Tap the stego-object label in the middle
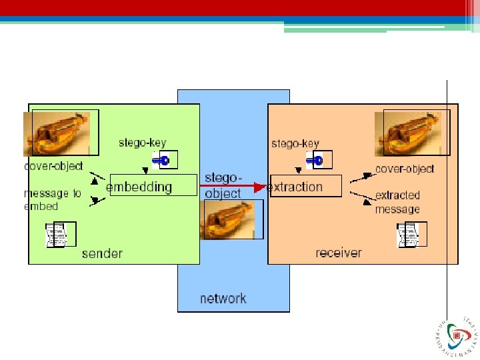tap(223, 185)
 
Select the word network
tap(223, 299)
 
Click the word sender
tap(102, 253)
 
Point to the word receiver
tap(339, 253)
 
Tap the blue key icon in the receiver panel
tap(314, 160)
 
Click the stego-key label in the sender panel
tap(143, 143)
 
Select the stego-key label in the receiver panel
tap(295, 143)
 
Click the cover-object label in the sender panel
tap(53, 166)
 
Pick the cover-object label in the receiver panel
tap(405, 169)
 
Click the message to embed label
tap(52, 199)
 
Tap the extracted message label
tap(398, 202)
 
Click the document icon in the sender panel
tap(60, 235)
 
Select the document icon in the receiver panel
tap(411, 235)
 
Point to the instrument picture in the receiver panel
tap(410, 133)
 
